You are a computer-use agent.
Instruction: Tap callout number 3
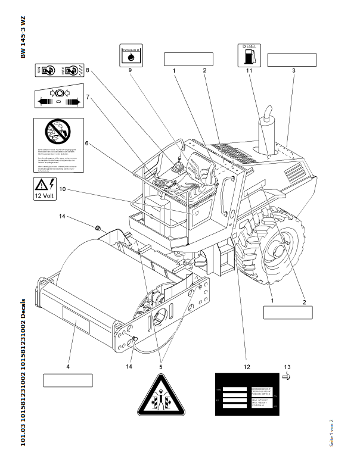coord(293,71)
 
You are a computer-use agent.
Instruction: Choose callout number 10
coord(61,189)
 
